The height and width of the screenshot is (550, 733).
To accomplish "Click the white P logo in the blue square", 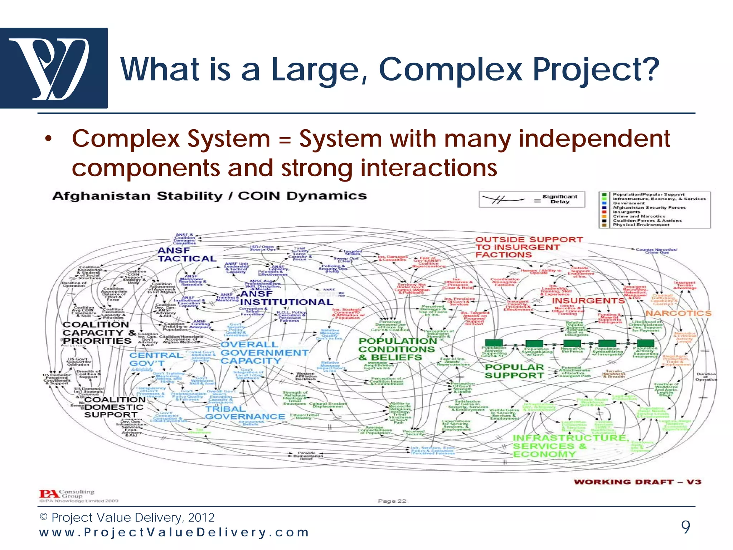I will tap(54, 68).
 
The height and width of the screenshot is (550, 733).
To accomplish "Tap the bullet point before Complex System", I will tap(49, 139).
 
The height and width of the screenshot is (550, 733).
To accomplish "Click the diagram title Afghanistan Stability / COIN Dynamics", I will tap(209, 196).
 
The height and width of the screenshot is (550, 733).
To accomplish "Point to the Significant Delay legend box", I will tap(532, 199).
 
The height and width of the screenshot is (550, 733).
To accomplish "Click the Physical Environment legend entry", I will tap(641, 225).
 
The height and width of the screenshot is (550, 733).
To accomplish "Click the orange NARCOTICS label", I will tap(678, 313).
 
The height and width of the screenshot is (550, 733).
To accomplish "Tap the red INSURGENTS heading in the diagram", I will tap(588, 301).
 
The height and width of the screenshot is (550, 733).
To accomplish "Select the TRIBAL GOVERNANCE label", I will tap(245, 413).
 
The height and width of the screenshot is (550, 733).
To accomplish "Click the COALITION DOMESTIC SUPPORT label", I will tap(114, 407).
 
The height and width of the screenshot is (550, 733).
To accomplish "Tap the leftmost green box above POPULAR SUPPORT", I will tap(494, 343).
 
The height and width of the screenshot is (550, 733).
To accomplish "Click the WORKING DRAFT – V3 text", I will tap(637, 482).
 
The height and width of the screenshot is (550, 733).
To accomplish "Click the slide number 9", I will tap(685, 527).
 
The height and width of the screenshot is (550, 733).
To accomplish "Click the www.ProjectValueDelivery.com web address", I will tap(174, 532).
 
